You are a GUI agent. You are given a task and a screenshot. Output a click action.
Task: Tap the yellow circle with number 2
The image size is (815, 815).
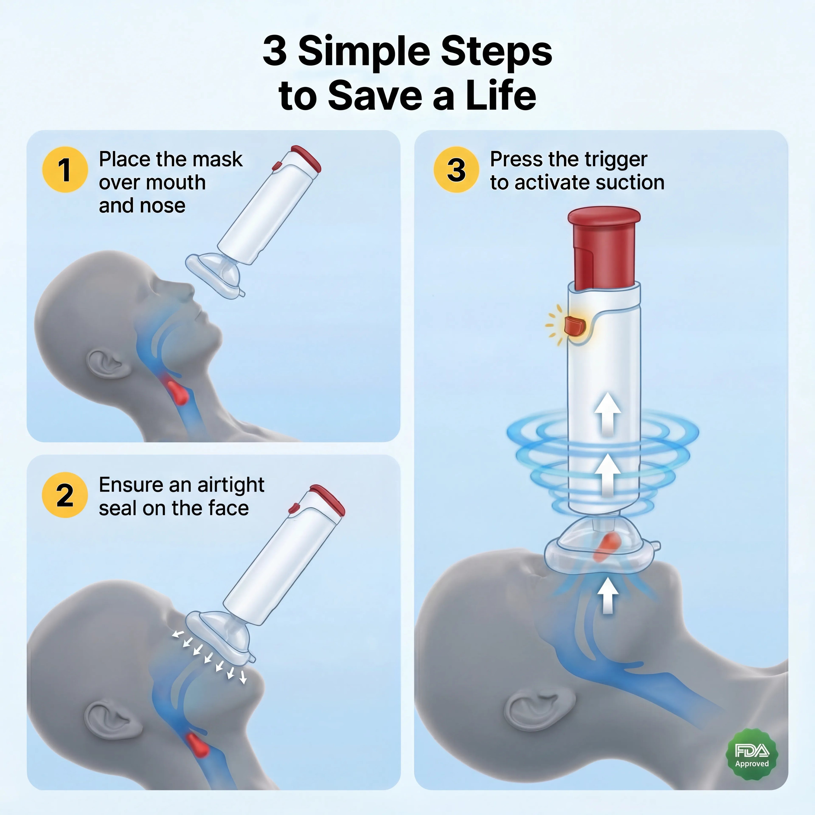65,495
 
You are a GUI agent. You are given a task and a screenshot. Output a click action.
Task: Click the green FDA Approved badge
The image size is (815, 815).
752,754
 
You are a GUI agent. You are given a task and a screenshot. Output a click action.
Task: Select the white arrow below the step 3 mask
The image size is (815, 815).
607,595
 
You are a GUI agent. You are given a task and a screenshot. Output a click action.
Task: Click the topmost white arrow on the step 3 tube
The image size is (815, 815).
607,413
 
